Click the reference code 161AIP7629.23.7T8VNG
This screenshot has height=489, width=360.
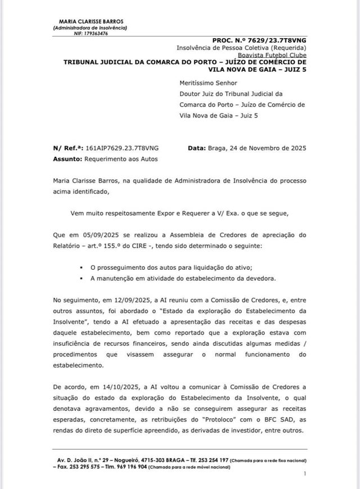[x=121, y=148]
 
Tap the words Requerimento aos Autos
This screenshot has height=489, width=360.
[x=121, y=159]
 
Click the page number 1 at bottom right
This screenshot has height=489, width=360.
[x=304, y=475]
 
